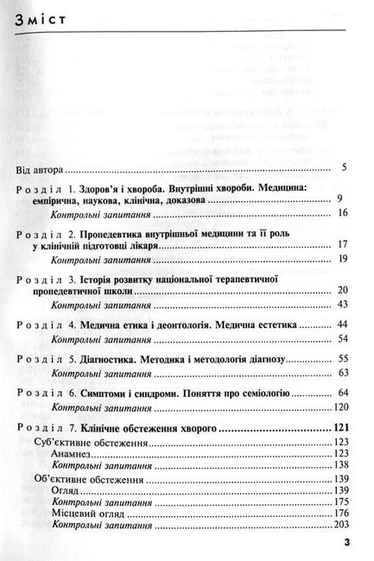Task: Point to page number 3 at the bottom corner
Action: point(345,543)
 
